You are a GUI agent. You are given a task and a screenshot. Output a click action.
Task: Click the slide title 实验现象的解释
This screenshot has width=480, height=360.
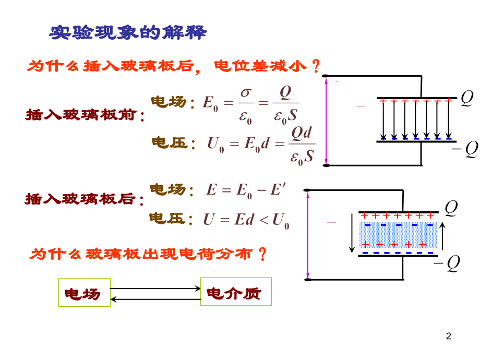[128, 33]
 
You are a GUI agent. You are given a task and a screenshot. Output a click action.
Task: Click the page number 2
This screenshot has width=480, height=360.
[450, 337]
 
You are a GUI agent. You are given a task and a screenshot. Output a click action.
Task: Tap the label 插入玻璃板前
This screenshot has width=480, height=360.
[85, 115]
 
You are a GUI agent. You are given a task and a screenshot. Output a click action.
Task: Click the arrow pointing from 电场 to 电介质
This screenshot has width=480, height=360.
[155, 287]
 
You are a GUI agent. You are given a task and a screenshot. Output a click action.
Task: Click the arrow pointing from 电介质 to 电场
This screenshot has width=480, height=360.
[155, 299]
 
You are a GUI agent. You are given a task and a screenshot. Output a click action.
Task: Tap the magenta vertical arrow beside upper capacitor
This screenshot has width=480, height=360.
[327, 121]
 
